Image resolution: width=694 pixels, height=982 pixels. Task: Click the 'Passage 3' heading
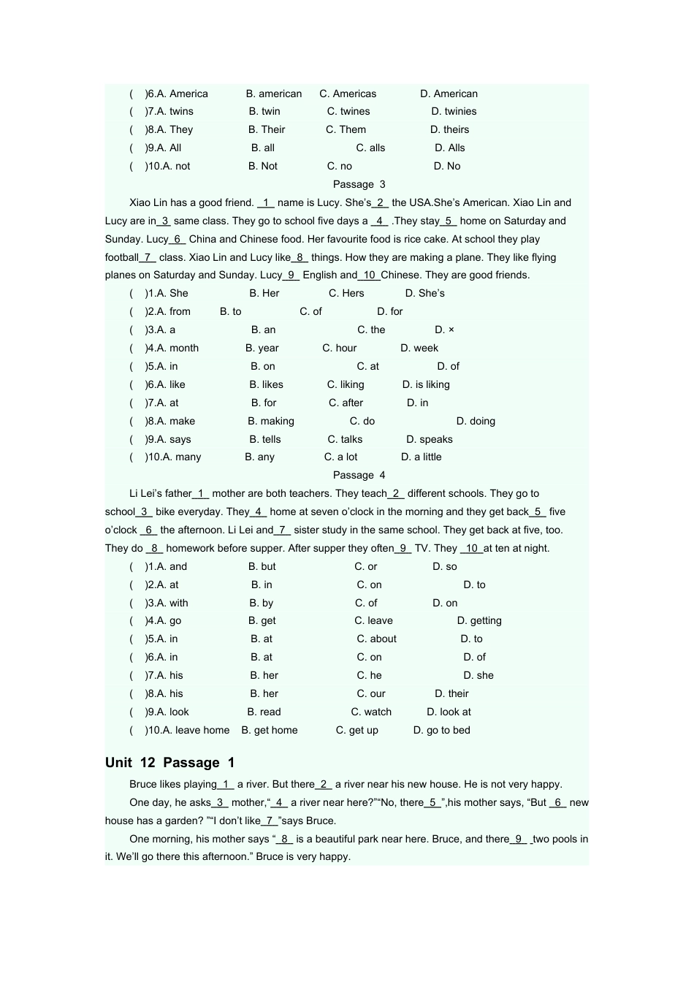[359, 184]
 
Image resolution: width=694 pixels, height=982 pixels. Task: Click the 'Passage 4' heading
[359, 475]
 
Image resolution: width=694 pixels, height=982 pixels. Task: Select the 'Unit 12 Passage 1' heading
[169, 763]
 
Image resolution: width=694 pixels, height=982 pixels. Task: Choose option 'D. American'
[449, 94]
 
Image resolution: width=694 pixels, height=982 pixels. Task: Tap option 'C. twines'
[348, 111]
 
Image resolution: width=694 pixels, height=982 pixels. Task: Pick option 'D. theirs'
[449, 129]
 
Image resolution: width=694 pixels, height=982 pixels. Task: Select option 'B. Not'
[263, 166]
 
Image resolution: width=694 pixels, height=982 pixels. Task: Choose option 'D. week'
[419, 348]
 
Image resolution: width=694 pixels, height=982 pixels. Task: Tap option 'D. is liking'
[426, 384]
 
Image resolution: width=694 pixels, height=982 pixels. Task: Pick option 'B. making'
[271, 421]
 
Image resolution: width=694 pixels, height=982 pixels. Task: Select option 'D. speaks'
[430, 439]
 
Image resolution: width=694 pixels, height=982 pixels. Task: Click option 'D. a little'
[422, 457]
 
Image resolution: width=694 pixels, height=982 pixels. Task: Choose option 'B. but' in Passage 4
[262, 566]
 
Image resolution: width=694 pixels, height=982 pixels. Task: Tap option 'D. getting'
[479, 620]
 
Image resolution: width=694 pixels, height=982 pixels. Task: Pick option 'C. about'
[376, 639]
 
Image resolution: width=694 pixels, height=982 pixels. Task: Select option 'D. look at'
[449, 712]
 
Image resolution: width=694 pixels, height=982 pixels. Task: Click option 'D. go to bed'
[442, 730]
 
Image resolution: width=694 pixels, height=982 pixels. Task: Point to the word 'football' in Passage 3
[121, 257]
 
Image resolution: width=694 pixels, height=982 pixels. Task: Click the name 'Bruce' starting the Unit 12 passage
[143, 784]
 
